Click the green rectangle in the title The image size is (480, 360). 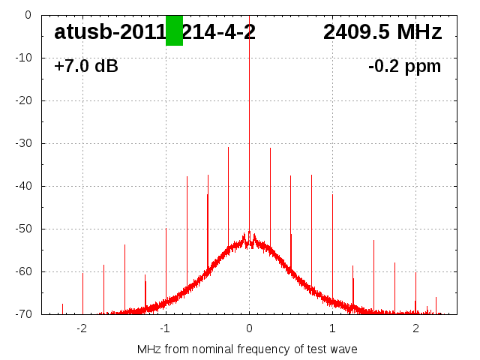(x=174, y=30)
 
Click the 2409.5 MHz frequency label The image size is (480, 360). (x=382, y=32)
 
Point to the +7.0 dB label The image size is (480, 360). (x=86, y=67)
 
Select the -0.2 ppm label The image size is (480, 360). (x=404, y=67)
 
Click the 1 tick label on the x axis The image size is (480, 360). (x=332, y=328)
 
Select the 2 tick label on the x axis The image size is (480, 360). (x=415, y=328)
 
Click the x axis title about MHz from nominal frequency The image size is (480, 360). (x=247, y=349)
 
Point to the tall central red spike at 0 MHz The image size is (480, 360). (x=249, y=112)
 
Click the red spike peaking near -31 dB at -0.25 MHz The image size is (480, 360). (x=228, y=195)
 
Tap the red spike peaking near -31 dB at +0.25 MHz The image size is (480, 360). (x=270, y=195)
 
